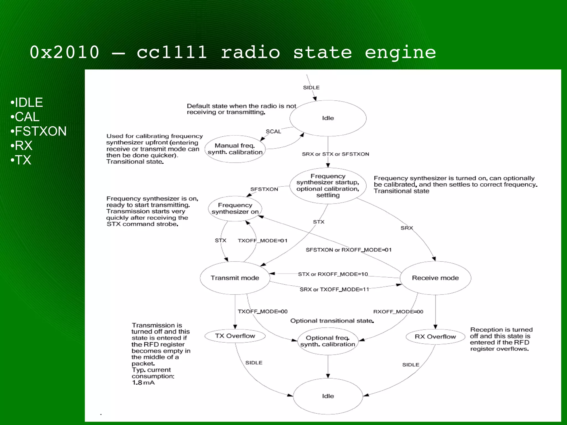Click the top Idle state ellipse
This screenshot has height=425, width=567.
pyautogui.click(x=328, y=118)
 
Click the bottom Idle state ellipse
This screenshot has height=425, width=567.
pyautogui.click(x=328, y=396)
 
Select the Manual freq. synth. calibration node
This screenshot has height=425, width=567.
pyautogui.click(x=235, y=149)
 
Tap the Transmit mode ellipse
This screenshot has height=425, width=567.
pyautogui.click(x=235, y=278)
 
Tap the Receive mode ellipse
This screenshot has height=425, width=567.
pyautogui.click(x=435, y=278)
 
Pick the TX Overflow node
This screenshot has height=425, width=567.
pyautogui.click(x=235, y=336)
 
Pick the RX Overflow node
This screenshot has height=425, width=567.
pyautogui.click(x=435, y=337)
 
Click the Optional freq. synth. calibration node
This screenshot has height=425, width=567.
pyautogui.click(x=328, y=341)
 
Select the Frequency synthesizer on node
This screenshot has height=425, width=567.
pyautogui.click(x=235, y=208)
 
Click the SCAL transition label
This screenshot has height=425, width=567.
pyautogui.click(x=273, y=132)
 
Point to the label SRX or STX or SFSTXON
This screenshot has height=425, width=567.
pyautogui.click(x=335, y=154)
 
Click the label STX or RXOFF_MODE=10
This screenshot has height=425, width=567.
pyautogui.click(x=333, y=274)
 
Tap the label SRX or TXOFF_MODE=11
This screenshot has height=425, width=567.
pyautogui.click(x=334, y=290)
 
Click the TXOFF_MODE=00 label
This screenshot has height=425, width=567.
pyautogui.click(x=262, y=312)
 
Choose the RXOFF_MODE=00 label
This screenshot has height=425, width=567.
pyautogui.click(x=398, y=312)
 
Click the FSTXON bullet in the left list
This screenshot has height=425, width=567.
pyautogui.click(x=40, y=131)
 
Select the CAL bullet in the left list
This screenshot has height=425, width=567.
pyautogui.click(x=27, y=117)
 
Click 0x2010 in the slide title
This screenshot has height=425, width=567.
pyautogui.click(x=65, y=52)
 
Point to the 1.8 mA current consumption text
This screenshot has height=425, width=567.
pyautogui.click(x=143, y=383)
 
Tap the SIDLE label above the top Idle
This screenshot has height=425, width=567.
pyautogui.click(x=311, y=88)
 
